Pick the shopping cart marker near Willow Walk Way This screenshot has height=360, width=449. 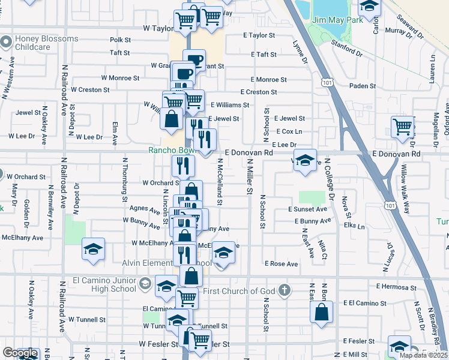[x=402, y=127]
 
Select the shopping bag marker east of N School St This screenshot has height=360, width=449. [x=322, y=312]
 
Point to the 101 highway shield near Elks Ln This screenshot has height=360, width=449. [x=391, y=205]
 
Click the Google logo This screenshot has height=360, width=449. [x=20, y=353]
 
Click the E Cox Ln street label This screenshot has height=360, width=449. [x=289, y=131]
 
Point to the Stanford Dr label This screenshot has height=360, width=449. [x=348, y=49]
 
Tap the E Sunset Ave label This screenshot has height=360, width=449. [x=307, y=209]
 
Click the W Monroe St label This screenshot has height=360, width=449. [x=120, y=78]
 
